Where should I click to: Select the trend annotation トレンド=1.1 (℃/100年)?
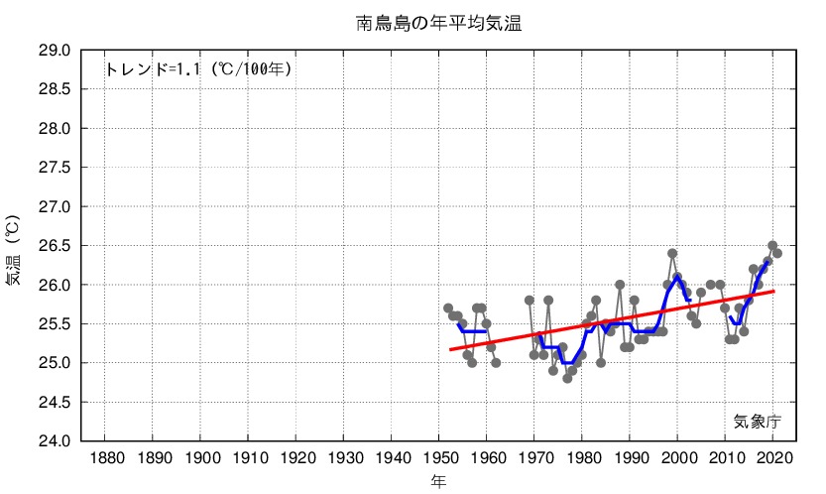coord(197,69)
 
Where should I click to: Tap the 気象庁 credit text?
coord(757,421)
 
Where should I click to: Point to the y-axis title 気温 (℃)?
coord(13,249)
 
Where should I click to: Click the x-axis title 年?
coord(437,481)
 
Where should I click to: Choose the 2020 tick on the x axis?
coord(773,458)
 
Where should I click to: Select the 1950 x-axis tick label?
coord(439,458)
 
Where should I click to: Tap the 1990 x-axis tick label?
coord(631,458)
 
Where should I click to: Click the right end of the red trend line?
coord(773,291)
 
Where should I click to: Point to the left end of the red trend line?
coord(450,349)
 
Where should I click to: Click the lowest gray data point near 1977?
coord(567,378)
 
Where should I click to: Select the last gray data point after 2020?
coord(777,253)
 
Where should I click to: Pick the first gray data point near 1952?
coord(448,308)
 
